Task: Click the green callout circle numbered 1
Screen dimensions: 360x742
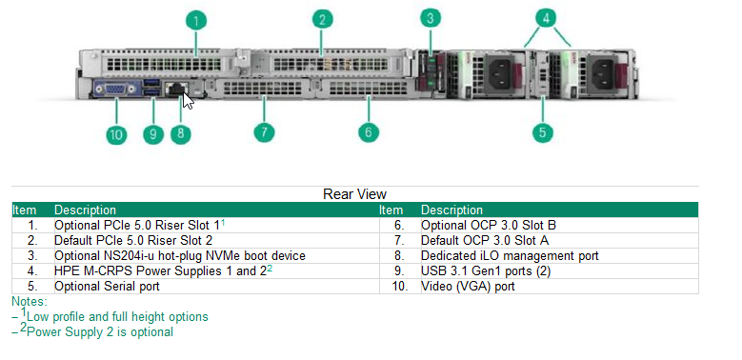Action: coord(195,20)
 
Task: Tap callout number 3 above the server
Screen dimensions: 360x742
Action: coord(431,18)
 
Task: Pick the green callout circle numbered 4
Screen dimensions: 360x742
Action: coord(545,18)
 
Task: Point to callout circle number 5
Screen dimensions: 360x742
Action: coord(543,132)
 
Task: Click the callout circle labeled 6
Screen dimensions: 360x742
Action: coord(369,132)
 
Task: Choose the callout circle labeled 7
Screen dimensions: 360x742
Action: coord(267,132)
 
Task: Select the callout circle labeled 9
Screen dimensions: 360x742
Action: coord(152,133)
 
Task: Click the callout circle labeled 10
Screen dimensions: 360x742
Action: coord(116,133)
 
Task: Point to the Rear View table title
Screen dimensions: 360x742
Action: coord(354,194)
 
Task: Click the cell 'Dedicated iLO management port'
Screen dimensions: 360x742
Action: coord(510,255)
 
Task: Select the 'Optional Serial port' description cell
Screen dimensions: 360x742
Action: coord(108,285)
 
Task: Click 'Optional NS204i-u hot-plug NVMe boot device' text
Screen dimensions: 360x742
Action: coord(180,255)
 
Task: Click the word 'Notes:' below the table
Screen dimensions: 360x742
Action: coord(30,301)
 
